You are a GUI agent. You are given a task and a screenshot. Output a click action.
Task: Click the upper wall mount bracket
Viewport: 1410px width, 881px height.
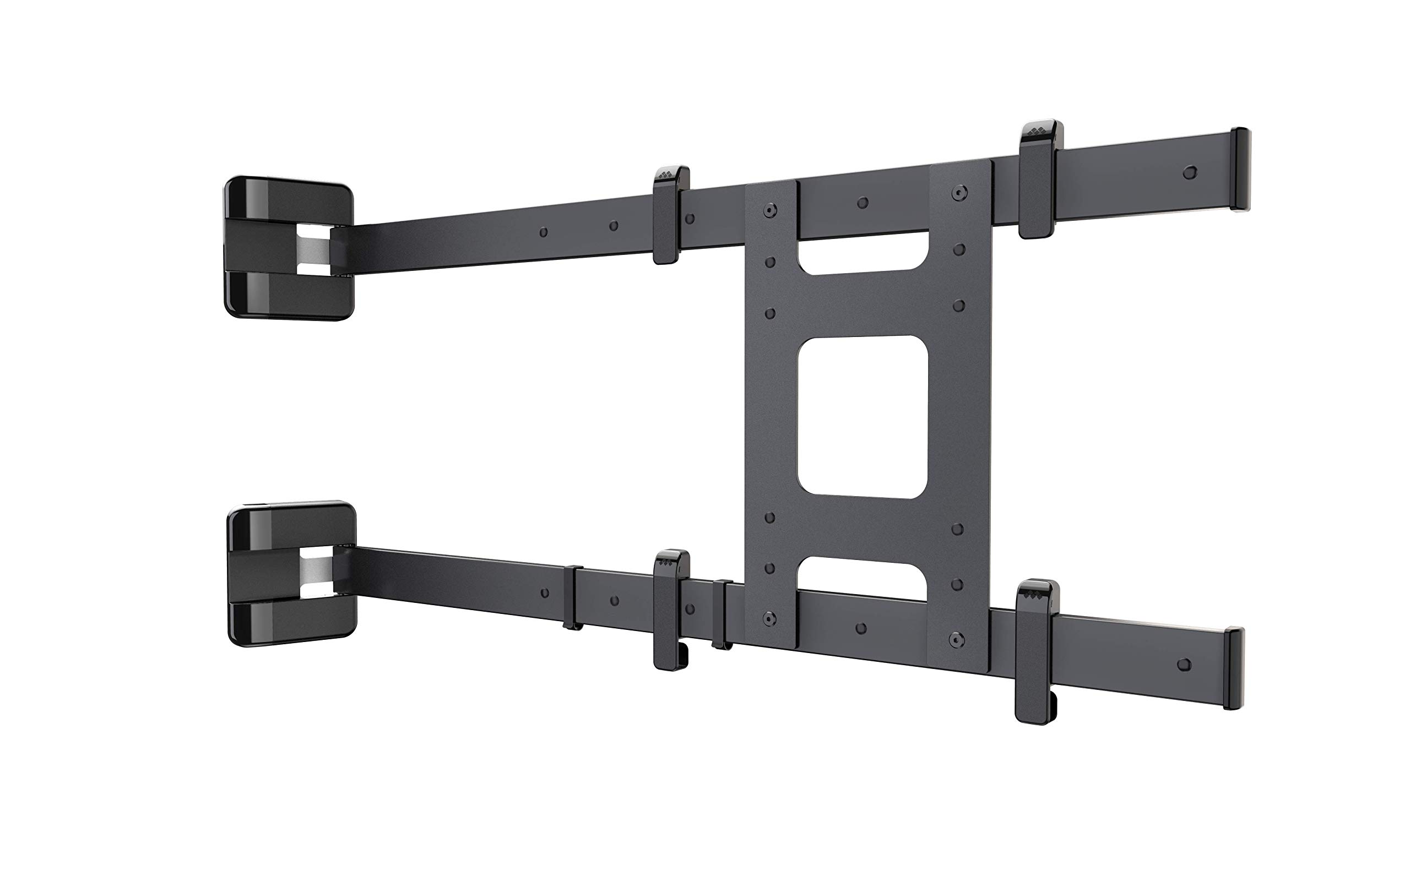[289, 249]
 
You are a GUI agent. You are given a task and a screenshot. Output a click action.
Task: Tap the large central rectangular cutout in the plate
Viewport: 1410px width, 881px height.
[863, 417]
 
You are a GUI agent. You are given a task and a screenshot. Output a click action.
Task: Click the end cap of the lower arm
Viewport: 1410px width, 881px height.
[1233, 668]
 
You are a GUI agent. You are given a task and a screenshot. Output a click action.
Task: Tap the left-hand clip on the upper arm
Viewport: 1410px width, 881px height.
[670, 214]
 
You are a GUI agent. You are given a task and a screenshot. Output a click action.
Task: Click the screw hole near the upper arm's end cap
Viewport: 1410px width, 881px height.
[1191, 172]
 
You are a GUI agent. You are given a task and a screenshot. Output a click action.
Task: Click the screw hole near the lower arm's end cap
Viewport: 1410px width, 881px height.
[1183, 664]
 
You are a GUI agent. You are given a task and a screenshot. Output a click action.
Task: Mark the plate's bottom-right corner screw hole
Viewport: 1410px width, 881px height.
[956, 639]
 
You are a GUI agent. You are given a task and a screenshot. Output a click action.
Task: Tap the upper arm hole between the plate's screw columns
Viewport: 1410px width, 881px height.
[863, 203]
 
